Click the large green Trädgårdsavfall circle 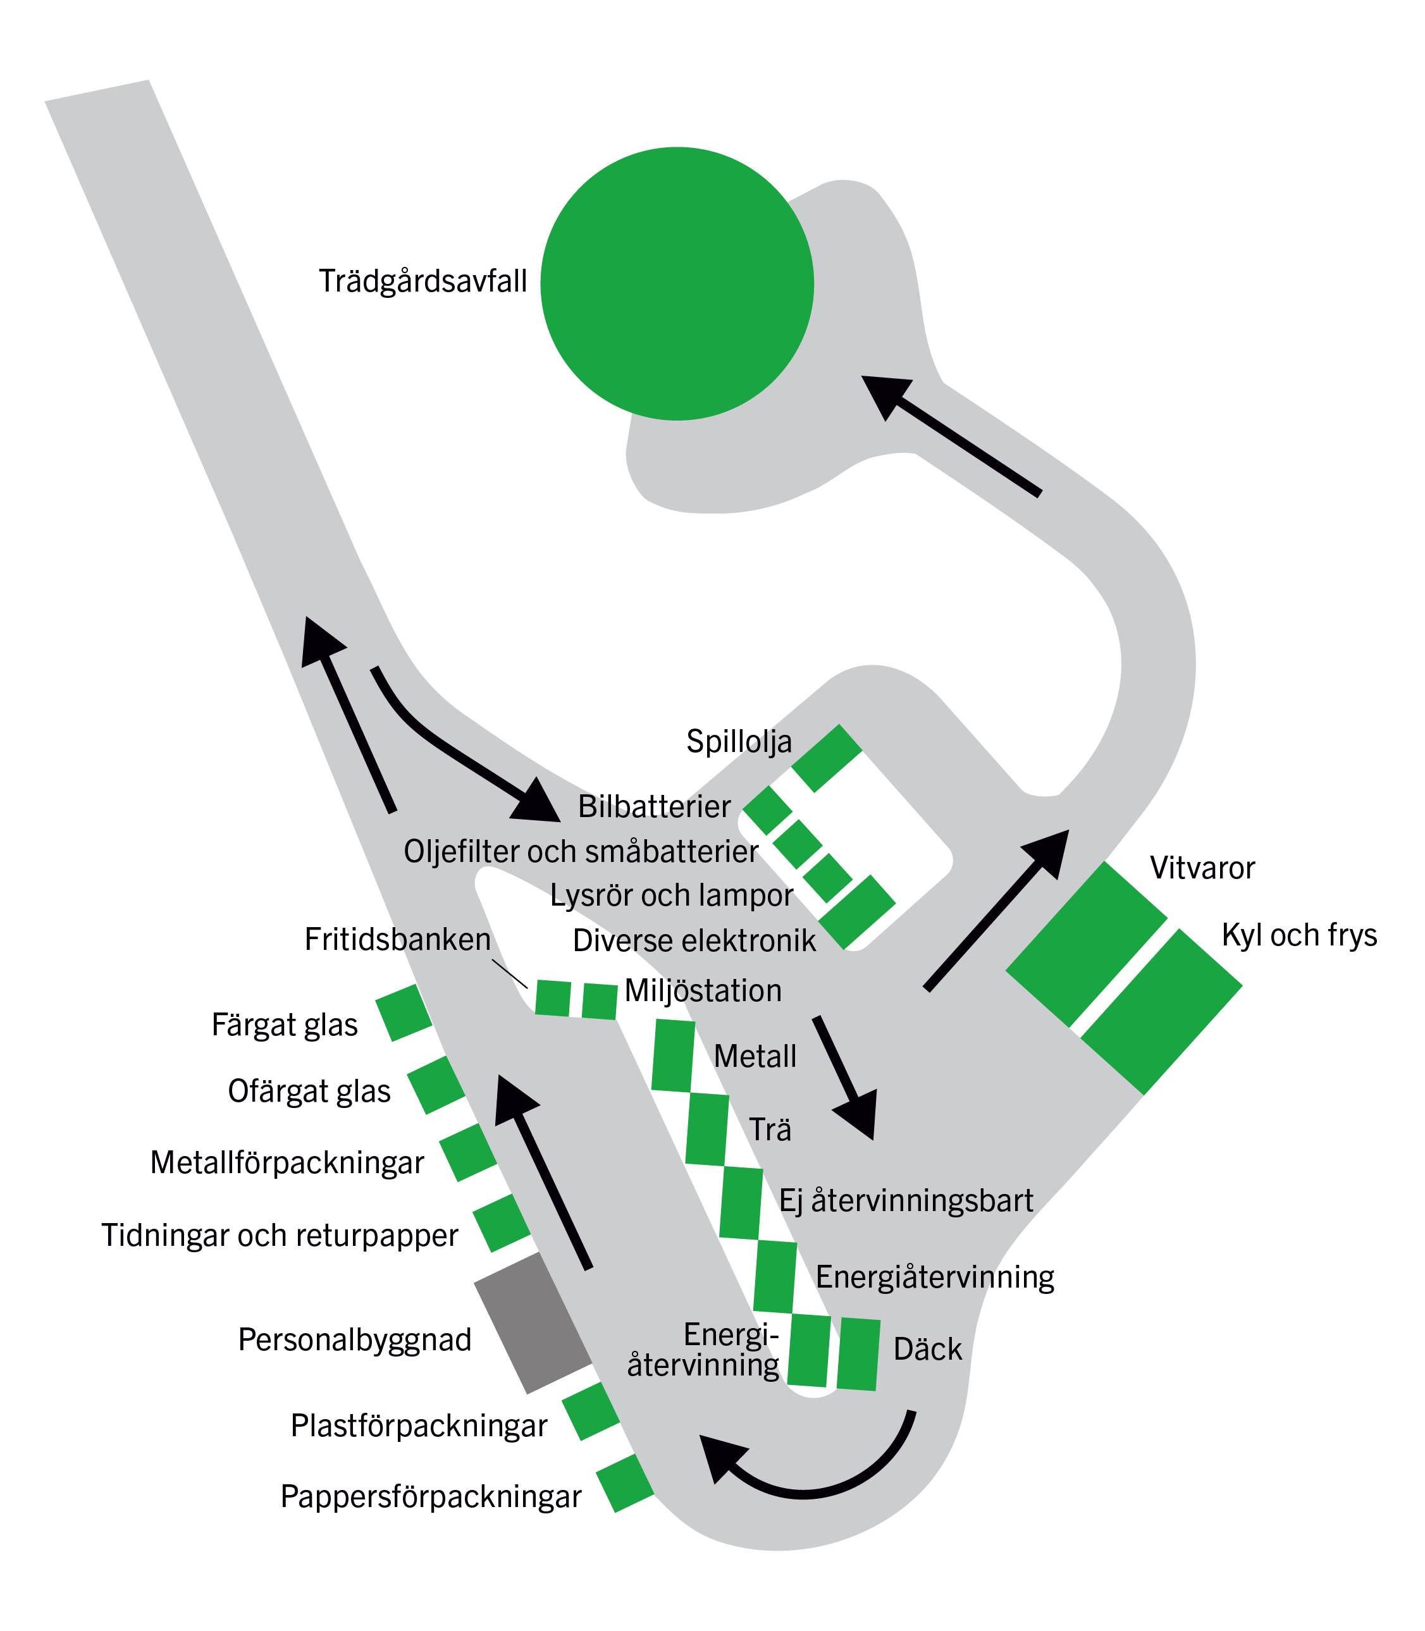pos(677,283)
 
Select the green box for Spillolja pos(827,758)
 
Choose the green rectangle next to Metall pos(673,1056)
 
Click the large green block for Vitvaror pos(1086,944)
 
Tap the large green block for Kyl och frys pos(1162,1011)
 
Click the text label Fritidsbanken pos(398,939)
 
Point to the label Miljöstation pos(703,991)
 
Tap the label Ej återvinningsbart pos(906,1200)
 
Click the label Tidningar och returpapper pos(280,1235)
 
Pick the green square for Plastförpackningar pos(591,1412)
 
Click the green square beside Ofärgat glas pos(436,1085)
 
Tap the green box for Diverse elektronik pos(857,912)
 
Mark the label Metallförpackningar pos(287,1162)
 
